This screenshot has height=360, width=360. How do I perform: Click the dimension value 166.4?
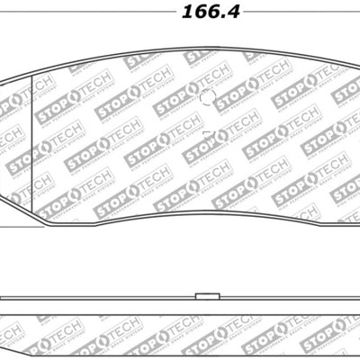(180, 14)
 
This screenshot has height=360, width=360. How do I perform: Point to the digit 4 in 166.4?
(200, 14)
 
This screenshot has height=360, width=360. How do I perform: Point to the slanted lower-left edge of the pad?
(27, 216)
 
